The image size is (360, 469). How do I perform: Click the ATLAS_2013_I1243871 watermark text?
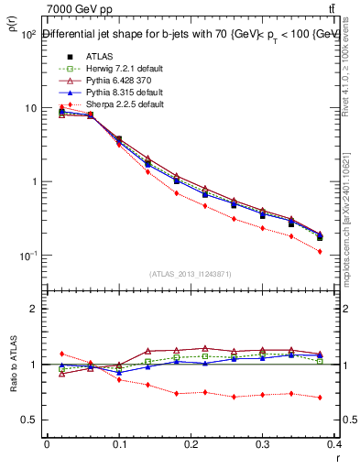(x=191, y=274)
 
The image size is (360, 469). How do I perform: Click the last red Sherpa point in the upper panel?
(x=345, y=251)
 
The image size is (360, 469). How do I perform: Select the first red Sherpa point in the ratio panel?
(x=61, y=354)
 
